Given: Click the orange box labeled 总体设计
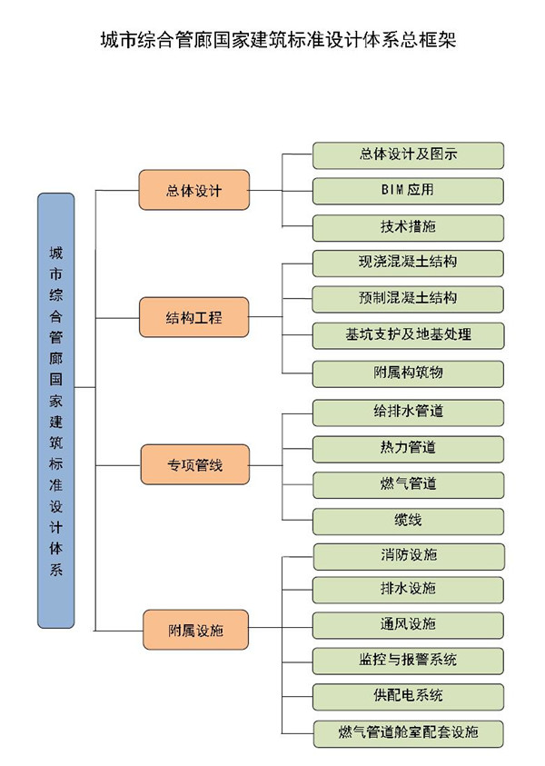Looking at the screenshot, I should pyautogui.click(x=193, y=191).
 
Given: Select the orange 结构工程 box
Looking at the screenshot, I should pyautogui.click(x=193, y=317).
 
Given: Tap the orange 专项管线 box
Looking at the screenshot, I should pyautogui.click(x=193, y=466).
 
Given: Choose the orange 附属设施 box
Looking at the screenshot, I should pyautogui.click(x=193, y=630).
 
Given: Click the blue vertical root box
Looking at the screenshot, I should pyautogui.click(x=56, y=411).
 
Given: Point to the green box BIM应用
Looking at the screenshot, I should pyautogui.click(x=408, y=191).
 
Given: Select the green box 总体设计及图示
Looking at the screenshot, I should pyautogui.click(x=408, y=155).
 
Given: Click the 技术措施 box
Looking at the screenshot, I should pyautogui.click(x=408, y=227).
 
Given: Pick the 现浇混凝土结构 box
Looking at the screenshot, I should pyautogui.click(x=408, y=263).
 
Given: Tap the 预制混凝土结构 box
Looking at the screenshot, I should pyautogui.click(x=408, y=298).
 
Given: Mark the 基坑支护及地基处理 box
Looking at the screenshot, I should pyautogui.click(x=408, y=334).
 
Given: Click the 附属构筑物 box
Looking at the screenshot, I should pyautogui.click(x=408, y=373).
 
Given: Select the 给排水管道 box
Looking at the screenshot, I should pyautogui.click(x=408, y=412).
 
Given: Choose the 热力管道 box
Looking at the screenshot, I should pyautogui.click(x=408, y=447).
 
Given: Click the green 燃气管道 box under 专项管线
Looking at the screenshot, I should pyautogui.click(x=408, y=483).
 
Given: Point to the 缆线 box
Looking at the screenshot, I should pyautogui.click(x=408, y=521).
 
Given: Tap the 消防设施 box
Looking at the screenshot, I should pyautogui.click(x=408, y=555).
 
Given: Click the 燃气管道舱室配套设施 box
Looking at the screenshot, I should pyautogui.click(x=408, y=731).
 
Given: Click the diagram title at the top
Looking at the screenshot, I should pyautogui.click(x=272, y=41).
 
